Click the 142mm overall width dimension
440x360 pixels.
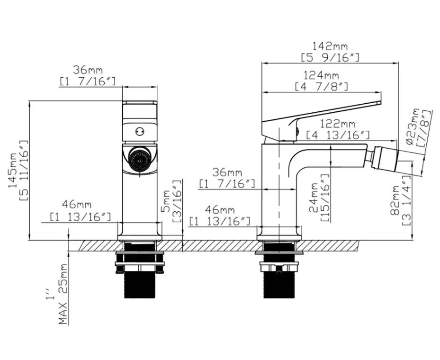coord(330,46)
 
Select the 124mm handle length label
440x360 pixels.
coord(321,75)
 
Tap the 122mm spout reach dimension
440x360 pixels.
coord(337,124)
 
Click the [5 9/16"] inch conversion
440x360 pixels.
coord(330,57)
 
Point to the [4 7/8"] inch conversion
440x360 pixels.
coord(321,87)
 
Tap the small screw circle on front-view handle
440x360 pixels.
coord(140,131)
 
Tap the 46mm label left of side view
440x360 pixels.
coord(220,209)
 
